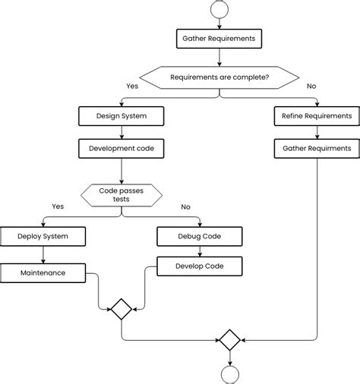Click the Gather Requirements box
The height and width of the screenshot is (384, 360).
click(219, 37)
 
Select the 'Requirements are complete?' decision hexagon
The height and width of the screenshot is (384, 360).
click(219, 77)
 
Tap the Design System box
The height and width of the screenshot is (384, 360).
click(122, 116)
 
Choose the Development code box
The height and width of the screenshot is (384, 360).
click(122, 148)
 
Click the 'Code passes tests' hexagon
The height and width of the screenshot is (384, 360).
click(122, 194)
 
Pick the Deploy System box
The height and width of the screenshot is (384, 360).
click(43, 236)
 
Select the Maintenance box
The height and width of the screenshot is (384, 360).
click(43, 272)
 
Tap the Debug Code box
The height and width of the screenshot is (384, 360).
click(201, 236)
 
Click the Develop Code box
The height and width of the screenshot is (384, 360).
click(201, 266)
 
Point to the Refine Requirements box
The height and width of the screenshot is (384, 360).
click(317, 116)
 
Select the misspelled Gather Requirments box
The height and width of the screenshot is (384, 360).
click(317, 148)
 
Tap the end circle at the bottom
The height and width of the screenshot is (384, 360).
click(229, 374)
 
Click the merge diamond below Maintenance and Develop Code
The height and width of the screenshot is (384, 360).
click(121, 309)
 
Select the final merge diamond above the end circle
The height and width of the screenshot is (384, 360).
click(229, 339)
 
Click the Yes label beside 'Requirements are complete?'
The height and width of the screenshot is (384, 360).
click(132, 87)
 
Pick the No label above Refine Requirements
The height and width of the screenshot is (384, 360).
click(311, 87)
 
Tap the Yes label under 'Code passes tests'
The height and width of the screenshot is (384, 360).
click(58, 206)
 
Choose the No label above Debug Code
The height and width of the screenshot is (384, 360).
click(185, 206)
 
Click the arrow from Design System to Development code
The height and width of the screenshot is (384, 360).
click(122, 132)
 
